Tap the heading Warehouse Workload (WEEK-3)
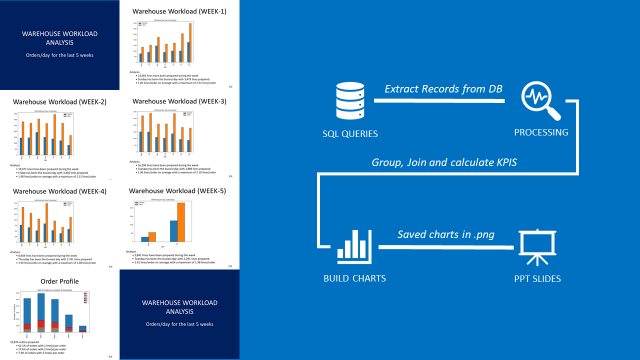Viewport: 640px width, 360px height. (180, 101)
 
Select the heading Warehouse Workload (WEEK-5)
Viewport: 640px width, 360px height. (180, 190)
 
